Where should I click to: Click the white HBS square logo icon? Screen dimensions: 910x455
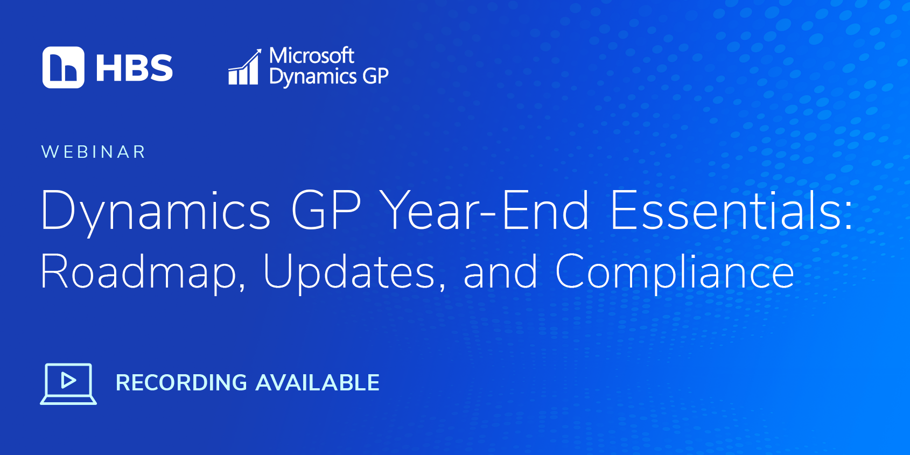click(64, 67)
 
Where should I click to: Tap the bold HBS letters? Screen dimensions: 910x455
click(135, 68)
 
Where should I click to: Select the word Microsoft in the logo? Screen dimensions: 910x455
click(312, 55)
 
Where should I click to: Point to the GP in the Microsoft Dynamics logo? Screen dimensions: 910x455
click(375, 75)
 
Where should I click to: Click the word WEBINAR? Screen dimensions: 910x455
click(93, 152)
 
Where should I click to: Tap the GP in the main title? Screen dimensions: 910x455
click(326, 210)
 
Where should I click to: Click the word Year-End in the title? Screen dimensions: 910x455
click(485, 210)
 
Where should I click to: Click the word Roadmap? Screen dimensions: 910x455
click(138, 272)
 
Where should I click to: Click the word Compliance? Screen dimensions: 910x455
click(674, 272)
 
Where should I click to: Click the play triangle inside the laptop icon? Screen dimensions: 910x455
click(68, 381)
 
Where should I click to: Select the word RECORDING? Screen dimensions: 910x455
click(181, 383)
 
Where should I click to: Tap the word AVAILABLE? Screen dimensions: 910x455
click(317, 383)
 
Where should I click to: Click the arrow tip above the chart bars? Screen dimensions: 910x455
click(261, 50)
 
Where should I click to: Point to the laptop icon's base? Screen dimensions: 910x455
click(68, 401)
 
